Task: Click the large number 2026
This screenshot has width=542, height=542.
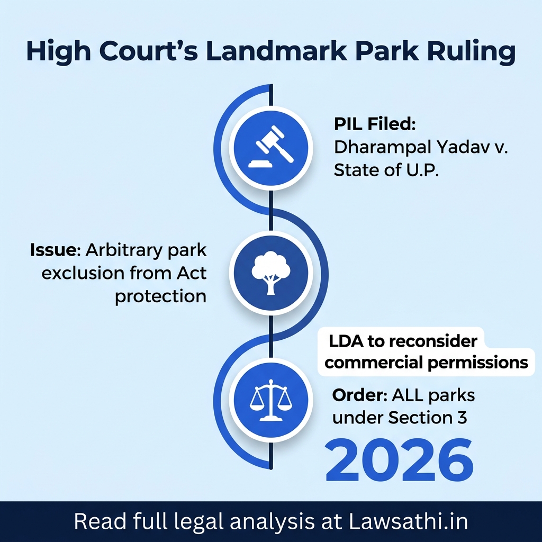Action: [399, 458]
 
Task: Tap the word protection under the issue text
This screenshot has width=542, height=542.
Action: [160, 296]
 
